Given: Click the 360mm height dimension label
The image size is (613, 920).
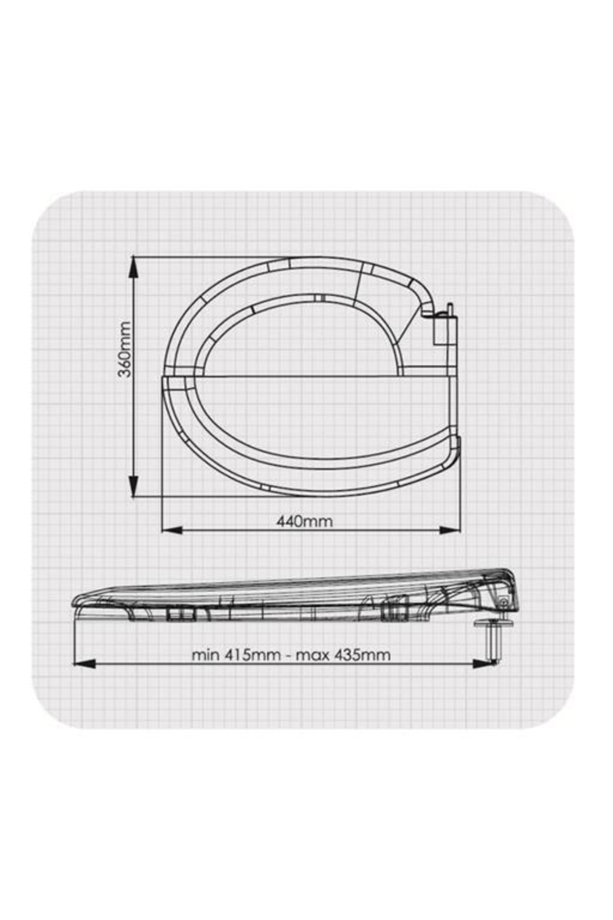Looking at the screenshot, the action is (x=124, y=349).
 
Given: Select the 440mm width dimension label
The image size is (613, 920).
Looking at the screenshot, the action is (x=304, y=521).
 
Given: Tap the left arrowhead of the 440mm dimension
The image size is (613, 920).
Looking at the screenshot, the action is (x=172, y=530).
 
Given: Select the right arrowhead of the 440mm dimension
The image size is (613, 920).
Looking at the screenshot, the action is (x=450, y=530).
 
